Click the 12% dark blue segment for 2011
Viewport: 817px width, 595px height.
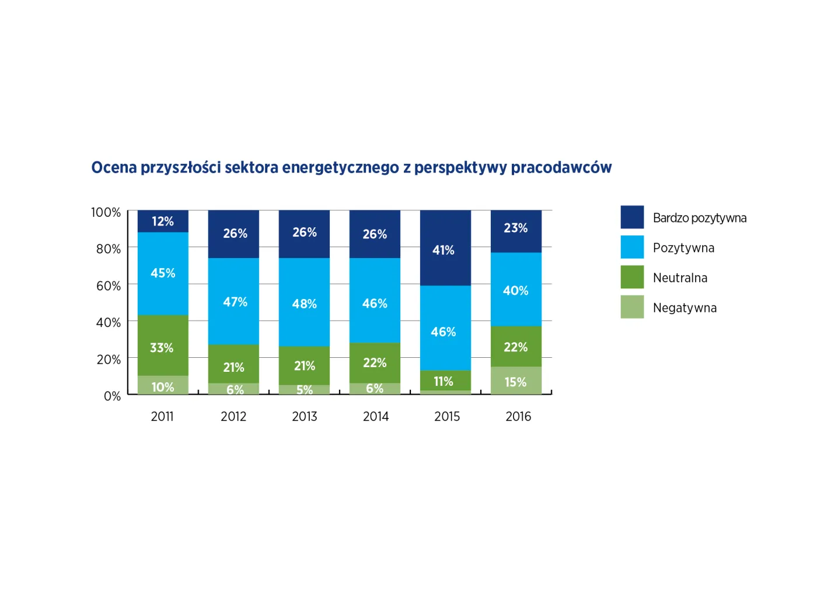[x=163, y=221]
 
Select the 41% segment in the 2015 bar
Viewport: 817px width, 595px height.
[x=445, y=248]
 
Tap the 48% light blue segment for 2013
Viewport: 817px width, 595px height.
[x=304, y=302]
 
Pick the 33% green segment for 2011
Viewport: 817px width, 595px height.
[x=163, y=346]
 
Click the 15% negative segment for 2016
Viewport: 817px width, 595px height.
[x=516, y=381]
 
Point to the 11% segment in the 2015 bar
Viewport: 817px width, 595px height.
[x=445, y=381]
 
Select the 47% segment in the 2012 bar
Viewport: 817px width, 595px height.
[x=233, y=301]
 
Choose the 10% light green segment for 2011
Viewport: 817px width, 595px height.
[x=163, y=386]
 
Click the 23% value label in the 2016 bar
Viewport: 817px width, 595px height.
[x=516, y=228]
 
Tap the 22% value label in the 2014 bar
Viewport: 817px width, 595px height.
[x=375, y=362]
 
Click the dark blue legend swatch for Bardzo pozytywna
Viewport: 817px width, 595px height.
[x=632, y=217]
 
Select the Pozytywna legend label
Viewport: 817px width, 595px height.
[x=683, y=248]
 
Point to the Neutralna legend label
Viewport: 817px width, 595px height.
[x=680, y=278]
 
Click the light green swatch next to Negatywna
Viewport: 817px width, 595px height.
[x=632, y=307]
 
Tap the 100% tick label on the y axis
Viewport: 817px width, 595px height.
[x=106, y=212]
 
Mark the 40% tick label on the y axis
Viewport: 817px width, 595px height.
[x=109, y=322]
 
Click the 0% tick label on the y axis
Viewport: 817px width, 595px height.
[x=112, y=396]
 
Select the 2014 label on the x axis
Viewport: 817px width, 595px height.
[x=376, y=417]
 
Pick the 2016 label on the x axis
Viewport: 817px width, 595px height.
[x=518, y=417]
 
